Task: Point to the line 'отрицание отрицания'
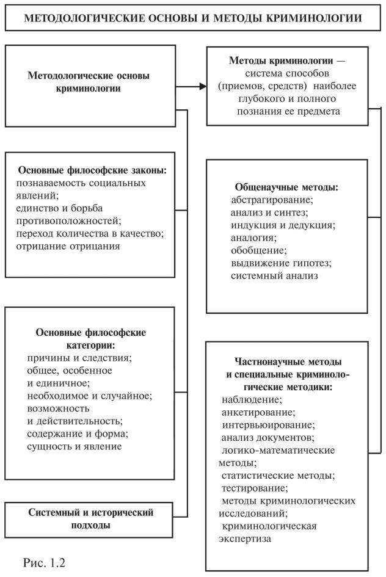point(73,246)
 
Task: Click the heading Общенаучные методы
point(286,186)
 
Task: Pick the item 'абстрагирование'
point(272,199)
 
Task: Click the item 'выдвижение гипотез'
point(280,263)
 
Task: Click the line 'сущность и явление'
point(75,446)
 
